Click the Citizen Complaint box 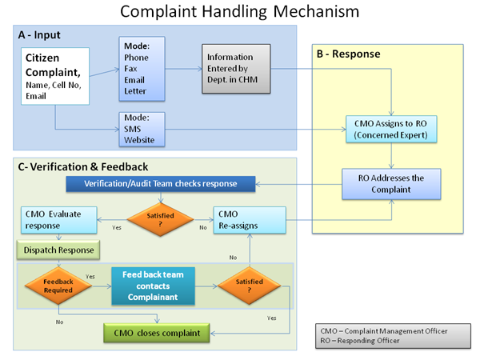coord(55,76)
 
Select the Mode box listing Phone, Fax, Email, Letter coord(142,69)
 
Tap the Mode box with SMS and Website coord(142,129)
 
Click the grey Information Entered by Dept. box coord(236,69)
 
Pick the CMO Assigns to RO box coord(391,129)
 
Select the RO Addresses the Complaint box coord(391,184)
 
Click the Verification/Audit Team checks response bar coord(161,184)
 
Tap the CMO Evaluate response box coord(59,220)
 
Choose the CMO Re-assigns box coord(250,220)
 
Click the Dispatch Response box coord(58,250)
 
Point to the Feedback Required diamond coord(58,286)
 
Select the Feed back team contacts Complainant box coord(153,286)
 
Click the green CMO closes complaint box coord(157,333)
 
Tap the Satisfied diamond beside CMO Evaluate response coord(161,219)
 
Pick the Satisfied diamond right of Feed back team coord(250,286)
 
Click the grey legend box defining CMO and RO coord(393,336)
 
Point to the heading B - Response coord(348,54)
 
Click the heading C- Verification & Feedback coord(83,167)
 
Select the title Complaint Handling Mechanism coord(240,12)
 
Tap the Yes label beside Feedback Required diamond coord(90,277)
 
